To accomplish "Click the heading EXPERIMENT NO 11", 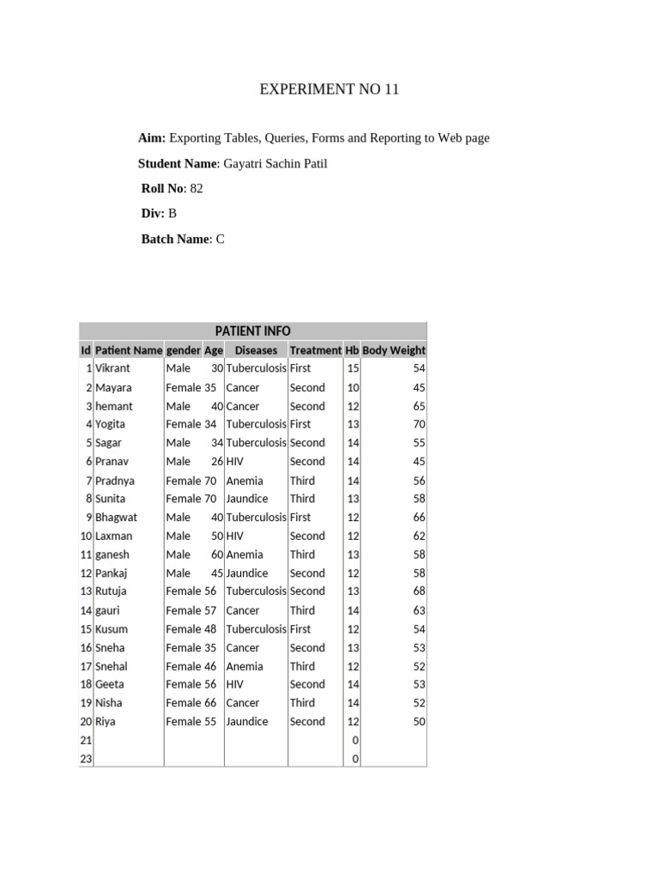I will coord(329,89).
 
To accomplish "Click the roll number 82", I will coord(196,188).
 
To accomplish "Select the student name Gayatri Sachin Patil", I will coord(276,163).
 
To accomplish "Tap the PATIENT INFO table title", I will coord(252,330).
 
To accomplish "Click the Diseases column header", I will coord(256,350).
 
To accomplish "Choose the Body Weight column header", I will coord(394,350).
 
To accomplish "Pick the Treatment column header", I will coord(315,350).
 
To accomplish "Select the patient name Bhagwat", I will coord(116,518).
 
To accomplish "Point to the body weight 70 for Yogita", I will coord(419,424).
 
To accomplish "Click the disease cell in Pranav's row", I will coord(235,462).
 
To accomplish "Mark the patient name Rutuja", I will coord(113,591).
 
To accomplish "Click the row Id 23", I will coord(86,759).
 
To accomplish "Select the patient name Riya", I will coord(106,722).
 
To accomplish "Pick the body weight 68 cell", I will coord(419,591).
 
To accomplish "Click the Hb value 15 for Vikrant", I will coord(353,368).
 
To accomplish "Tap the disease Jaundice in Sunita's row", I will coord(247,499).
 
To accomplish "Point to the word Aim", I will coord(151,138).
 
